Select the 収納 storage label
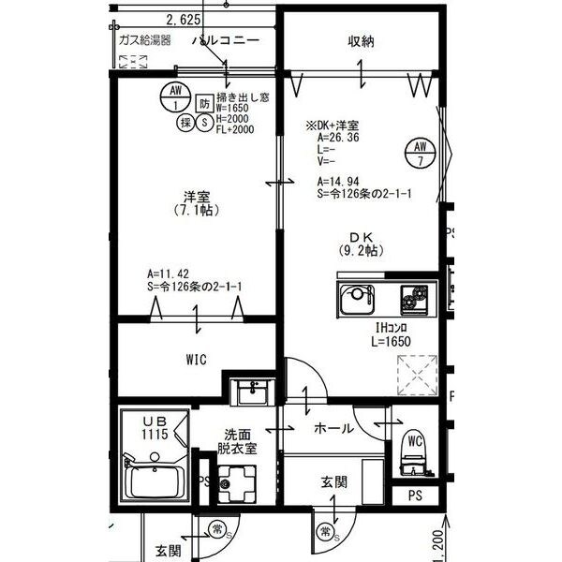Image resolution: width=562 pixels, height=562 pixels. pyautogui.click(x=362, y=40)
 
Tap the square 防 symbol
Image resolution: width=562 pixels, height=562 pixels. pyautogui.click(x=205, y=102)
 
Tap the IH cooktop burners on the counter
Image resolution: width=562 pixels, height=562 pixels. pyautogui.click(x=413, y=301)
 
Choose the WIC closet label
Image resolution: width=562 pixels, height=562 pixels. pyautogui.click(x=195, y=359)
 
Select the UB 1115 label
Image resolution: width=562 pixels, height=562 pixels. pyautogui.click(x=154, y=429)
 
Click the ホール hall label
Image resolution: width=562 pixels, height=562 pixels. pyautogui.click(x=333, y=428)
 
